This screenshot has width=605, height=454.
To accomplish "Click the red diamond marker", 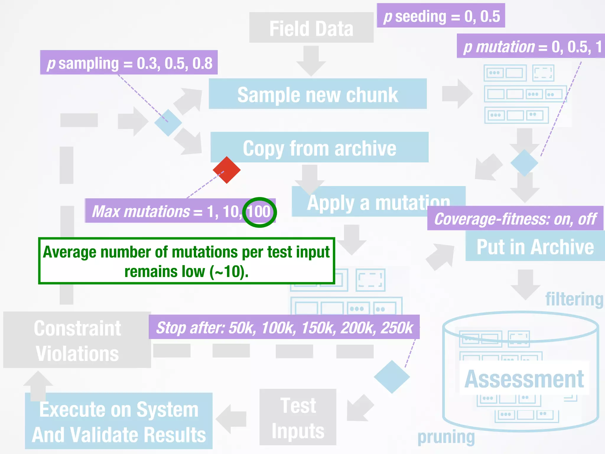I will click(x=227, y=170).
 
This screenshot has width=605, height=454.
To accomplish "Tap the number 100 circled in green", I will click(x=259, y=212).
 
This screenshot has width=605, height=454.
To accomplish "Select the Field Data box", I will click(x=311, y=28).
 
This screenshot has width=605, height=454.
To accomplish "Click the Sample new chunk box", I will click(x=318, y=94).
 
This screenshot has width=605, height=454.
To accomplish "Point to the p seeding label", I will click(x=441, y=16).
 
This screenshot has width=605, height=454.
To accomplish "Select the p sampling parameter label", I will click(x=129, y=63).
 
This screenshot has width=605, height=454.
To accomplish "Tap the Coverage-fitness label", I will click(x=515, y=218).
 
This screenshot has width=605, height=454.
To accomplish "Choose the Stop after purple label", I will click(x=284, y=327).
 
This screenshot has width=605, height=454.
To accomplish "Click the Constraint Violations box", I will click(x=77, y=340).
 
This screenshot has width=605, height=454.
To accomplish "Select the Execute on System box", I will click(x=118, y=421).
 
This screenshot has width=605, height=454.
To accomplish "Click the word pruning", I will click(x=446, y=437).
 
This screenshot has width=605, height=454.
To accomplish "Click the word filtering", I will click(x=574, y=299).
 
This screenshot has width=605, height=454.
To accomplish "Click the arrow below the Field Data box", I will click(x=311, y=61).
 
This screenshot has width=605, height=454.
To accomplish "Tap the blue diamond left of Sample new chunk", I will click(x=168, y=122).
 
